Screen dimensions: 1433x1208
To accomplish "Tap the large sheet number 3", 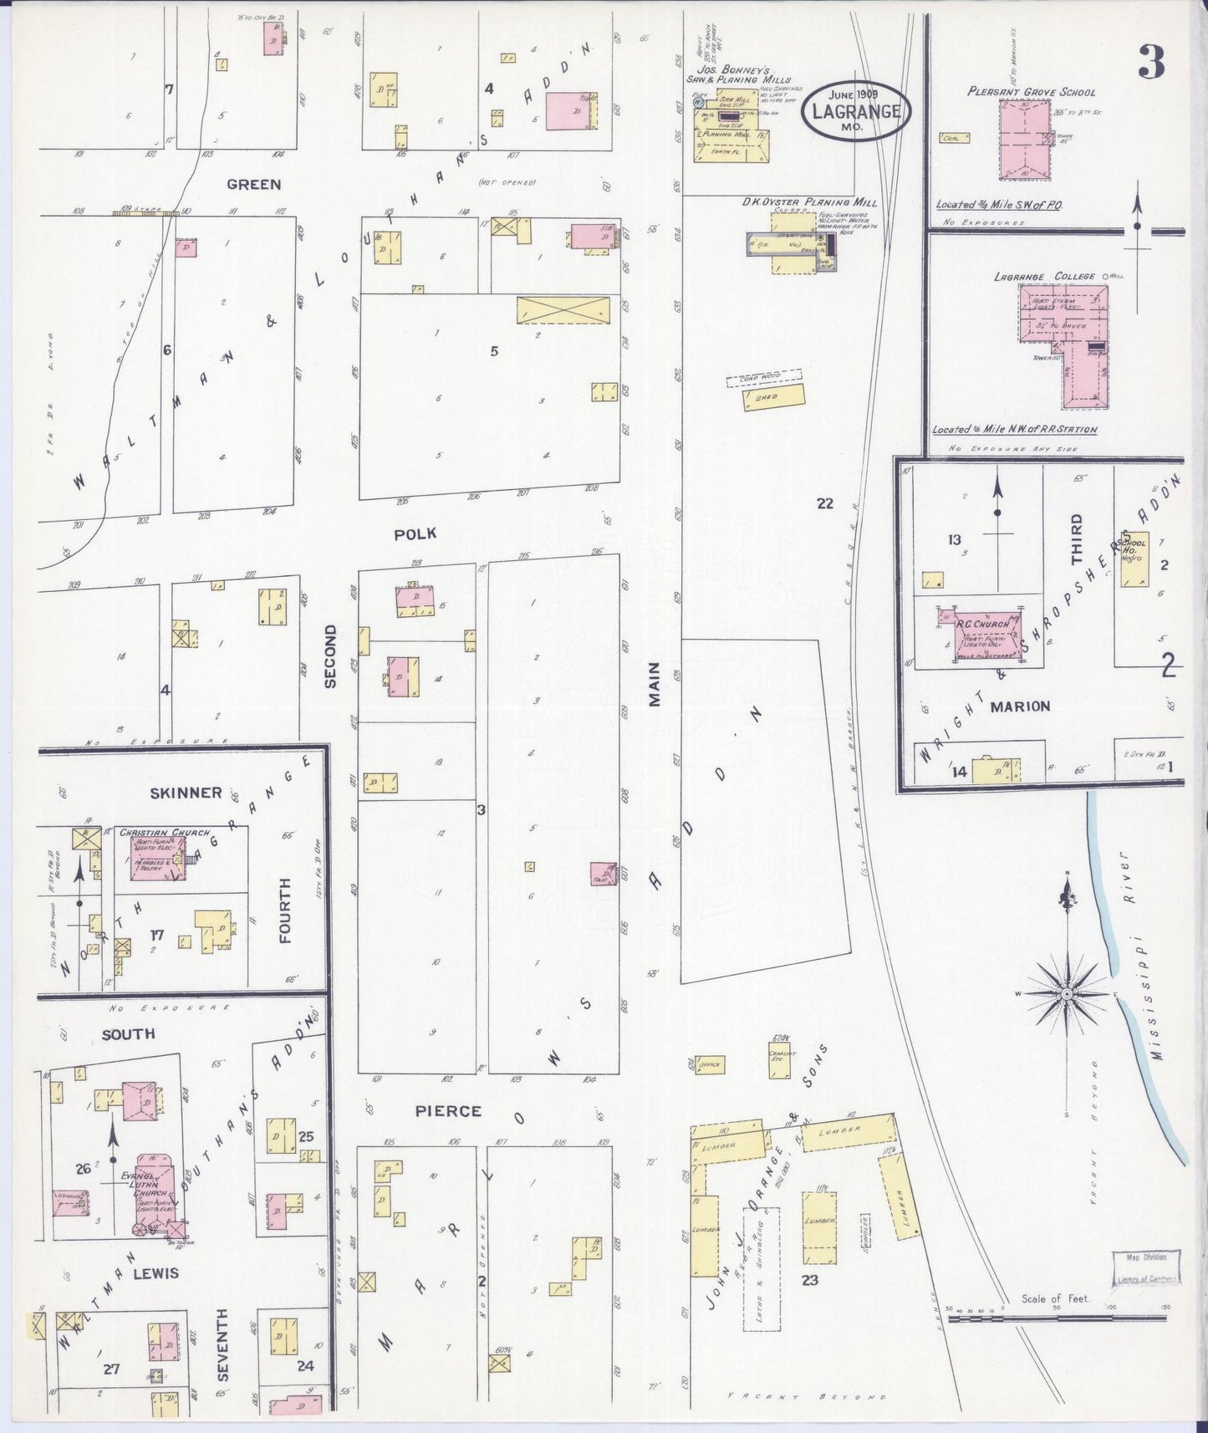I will point(1151,62).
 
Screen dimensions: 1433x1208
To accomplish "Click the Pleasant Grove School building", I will point(1034,140).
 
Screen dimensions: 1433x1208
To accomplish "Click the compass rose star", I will point(1067,993).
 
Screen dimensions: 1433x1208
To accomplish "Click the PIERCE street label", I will point(449,1111).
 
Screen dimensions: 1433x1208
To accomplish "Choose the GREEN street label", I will point(253,185).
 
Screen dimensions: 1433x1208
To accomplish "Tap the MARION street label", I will point(1020,706).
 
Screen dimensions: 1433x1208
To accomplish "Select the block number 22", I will point(825,503).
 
